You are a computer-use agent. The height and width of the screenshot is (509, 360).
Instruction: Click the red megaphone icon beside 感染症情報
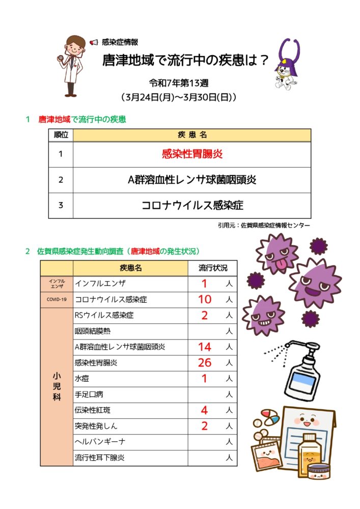tap(94, 42)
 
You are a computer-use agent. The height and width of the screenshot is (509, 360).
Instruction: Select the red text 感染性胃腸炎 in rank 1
tap(192, 154)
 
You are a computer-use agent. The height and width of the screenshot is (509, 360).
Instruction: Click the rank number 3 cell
tap(61, 206)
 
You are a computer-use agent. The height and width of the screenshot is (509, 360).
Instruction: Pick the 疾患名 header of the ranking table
tap(192, 135)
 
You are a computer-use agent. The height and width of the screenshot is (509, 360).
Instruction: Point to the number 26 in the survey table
tap(204, 363)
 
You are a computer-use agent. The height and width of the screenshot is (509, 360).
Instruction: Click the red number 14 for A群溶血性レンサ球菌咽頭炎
tap(204, 347)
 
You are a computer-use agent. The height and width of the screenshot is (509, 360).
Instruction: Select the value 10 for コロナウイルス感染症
tap(204, 299)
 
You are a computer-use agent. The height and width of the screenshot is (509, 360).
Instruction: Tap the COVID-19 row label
tap(57, 299)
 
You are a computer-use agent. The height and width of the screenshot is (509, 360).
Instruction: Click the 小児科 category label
tap(57, 387)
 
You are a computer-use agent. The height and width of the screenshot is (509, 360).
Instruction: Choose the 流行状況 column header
tap(213, 268)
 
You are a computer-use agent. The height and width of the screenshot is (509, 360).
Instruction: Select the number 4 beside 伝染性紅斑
tap(204, 410)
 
